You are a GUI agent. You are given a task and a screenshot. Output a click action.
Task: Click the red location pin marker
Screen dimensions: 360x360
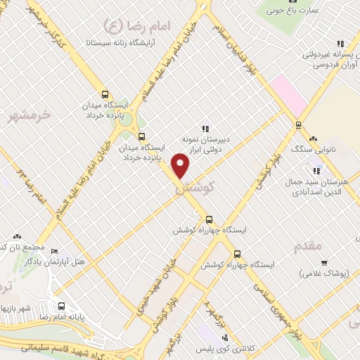click(x=181, y=166)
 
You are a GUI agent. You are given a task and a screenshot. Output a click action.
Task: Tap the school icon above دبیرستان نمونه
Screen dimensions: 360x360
click(x=205, y=129)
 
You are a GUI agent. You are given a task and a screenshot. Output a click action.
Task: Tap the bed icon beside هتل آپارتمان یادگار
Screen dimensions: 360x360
click(x=55, y=252)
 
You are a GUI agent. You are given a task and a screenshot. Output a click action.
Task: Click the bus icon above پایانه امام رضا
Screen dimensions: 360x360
click(x=62, y=306)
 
